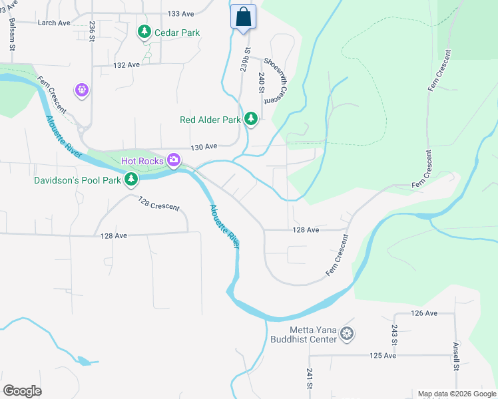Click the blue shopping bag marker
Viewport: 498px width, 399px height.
pos(244,17)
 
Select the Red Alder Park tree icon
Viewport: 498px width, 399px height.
pos(251,119)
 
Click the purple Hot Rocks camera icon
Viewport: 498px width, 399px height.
pos(174,159)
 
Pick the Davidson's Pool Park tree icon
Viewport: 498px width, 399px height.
pos(131,179)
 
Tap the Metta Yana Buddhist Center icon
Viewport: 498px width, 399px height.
pos(346,334)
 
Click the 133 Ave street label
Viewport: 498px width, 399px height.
pos(180,13)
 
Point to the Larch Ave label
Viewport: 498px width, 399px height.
pos(54,23)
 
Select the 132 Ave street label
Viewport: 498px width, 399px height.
pos(126,65)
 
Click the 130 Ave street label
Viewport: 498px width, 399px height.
pos(204,146)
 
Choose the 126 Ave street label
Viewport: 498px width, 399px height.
pos(423,313)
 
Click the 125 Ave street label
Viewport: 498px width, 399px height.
pos(383,356)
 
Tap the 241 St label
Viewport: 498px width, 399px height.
pos(310,378)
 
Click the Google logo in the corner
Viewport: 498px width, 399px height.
pos(22,391)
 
